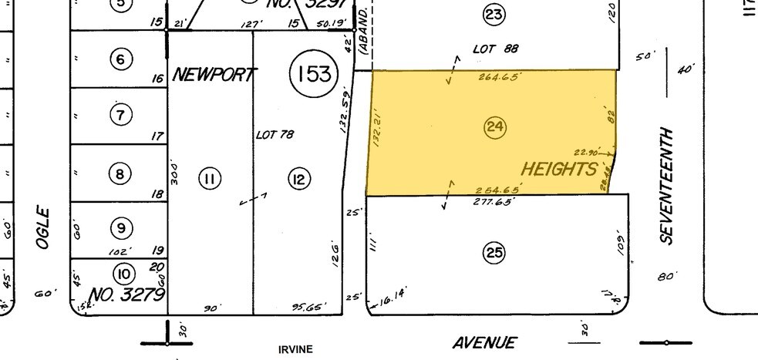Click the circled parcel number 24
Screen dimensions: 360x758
494,128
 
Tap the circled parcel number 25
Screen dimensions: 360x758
494,252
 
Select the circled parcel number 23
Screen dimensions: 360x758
494,14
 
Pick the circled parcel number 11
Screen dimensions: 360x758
209,179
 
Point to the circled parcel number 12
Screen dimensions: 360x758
298,179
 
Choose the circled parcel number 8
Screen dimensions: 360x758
120,173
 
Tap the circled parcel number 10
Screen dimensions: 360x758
123,273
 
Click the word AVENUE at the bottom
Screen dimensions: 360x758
483,343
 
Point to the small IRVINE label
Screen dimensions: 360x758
295,349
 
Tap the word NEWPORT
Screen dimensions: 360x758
214,75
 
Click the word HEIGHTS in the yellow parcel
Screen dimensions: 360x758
560,169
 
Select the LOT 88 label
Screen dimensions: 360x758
495,49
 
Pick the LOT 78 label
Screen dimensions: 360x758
275,134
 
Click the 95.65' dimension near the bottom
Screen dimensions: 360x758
308,307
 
